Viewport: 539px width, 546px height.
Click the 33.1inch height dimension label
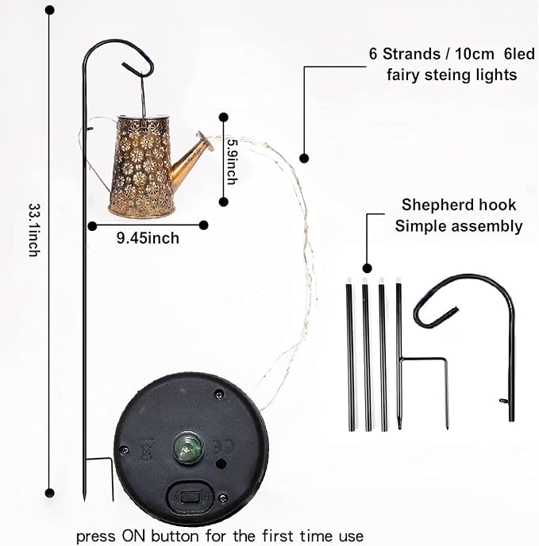click(x=34, y=230)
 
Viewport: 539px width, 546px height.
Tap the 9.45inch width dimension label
click(x=148, y=238)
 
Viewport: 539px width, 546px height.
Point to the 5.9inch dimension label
click(x=232, y=162)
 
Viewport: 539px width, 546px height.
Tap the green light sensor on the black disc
click(x=188, y=448)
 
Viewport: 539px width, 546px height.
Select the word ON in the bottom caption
click(x=134, y=536)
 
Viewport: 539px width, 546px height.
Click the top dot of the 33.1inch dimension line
click(x=50, y=10)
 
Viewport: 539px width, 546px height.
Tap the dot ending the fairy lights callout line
click(x=304, y=159)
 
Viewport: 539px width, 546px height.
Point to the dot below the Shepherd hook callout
click(x=367, y=268)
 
